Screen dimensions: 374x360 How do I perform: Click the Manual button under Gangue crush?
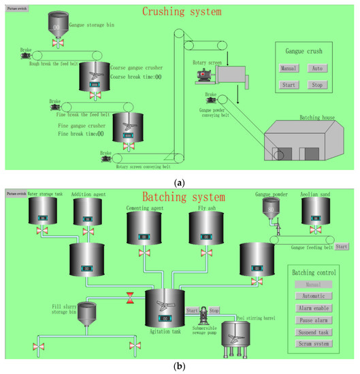pos(289,68)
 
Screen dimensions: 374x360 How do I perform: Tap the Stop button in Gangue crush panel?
pos(317,85)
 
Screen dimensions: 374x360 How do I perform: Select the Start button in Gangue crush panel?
pos(289,85)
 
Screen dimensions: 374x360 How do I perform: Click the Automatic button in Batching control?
pos(314,296)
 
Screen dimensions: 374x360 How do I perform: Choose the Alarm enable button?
pos(314,308)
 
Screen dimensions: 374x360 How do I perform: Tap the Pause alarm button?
pos(314,320)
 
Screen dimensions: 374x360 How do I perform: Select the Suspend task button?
pos(314,333)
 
